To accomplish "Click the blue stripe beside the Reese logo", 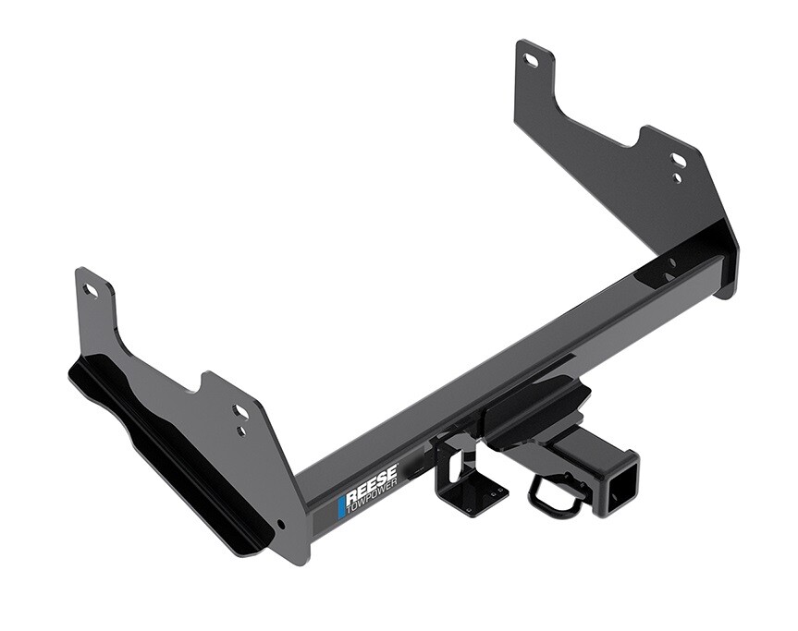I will [x=341, y=505].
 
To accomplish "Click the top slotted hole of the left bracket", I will [x=91, y=291].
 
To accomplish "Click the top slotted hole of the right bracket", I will [x=531, y=60].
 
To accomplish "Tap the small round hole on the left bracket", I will [x=241, y=431].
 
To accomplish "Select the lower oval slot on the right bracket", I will [x=679, y=160].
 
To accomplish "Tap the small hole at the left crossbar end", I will [x=280, y=524].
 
